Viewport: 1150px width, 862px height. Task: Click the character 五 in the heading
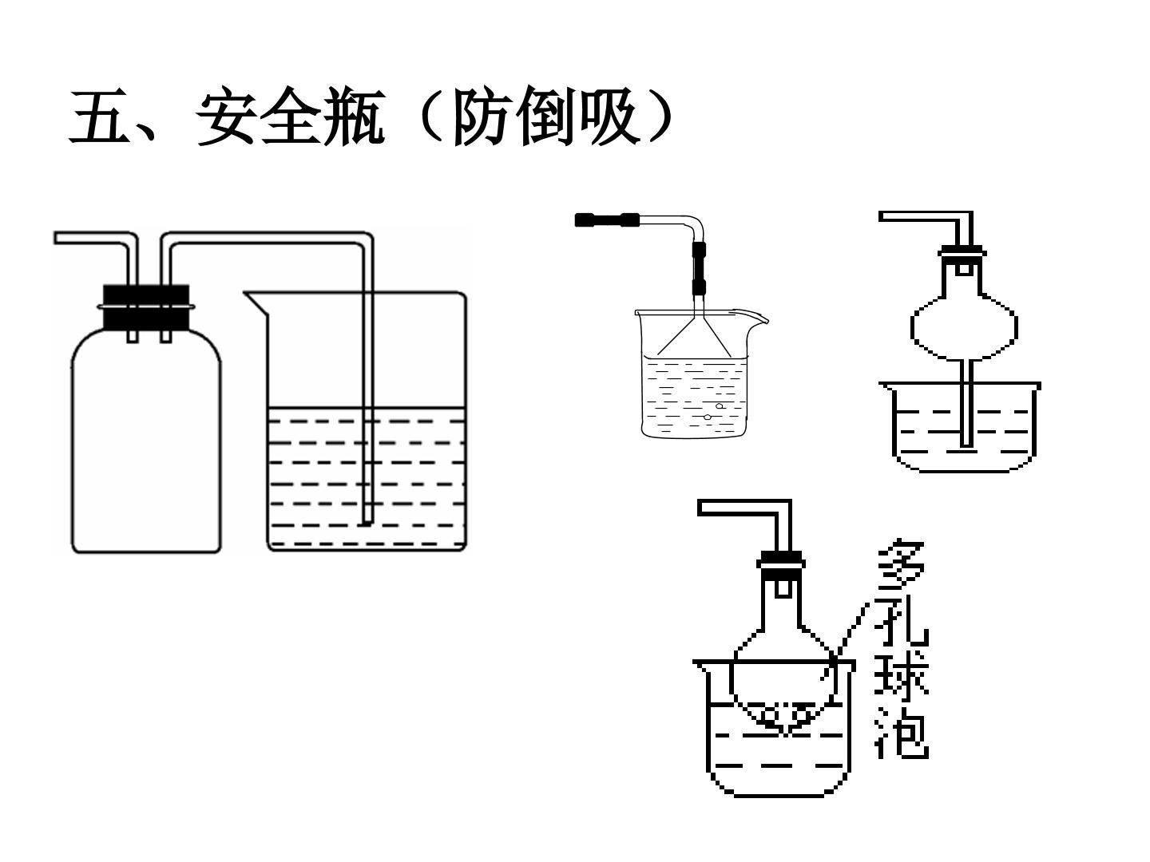pyautogui.click(x=99, y=116)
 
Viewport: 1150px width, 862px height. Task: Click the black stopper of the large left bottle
pyautogui.click(x=146, y=306)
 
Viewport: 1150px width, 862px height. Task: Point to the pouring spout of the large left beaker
pyautogui.click(x=256, y=303)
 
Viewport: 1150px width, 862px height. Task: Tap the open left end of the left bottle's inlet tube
pyautogui.click(x=56, y=238)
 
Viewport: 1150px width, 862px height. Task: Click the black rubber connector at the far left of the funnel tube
pyautogui.click(x=607, y=219)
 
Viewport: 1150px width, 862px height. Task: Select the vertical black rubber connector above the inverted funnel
pyautogui.click(x=699, y=269)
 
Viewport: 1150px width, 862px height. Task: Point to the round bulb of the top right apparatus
pyautogui.click(x=964, y=327)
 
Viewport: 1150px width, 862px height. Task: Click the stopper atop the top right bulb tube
pyautogui.click(x=962, y=252)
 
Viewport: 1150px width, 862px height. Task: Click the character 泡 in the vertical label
pyautogui.click(x=902, y=733)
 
